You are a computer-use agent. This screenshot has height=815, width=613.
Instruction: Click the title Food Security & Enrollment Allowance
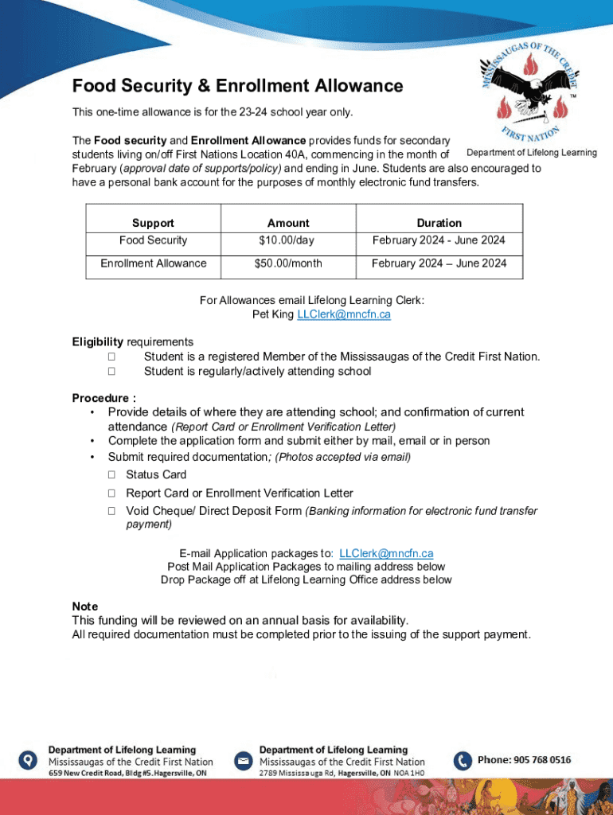coord(237,86)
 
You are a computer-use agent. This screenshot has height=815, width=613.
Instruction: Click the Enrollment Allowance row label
coord(153,263)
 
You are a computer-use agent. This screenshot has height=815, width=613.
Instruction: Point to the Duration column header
coord(439,223)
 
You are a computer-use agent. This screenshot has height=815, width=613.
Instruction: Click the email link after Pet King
coord(343,314)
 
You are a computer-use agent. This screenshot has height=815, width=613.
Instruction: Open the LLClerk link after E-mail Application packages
coord(386,553)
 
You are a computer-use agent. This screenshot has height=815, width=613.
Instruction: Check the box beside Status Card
coord(112,475)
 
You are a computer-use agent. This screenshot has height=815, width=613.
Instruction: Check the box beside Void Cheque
coord(112,511)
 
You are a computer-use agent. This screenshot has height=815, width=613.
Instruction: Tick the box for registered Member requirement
coord(112,357)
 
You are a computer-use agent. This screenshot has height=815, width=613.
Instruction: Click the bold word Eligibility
coord(98,341)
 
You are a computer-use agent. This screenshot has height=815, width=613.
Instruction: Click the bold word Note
coord(85,606)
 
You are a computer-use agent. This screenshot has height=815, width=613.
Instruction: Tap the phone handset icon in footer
coord(463,761)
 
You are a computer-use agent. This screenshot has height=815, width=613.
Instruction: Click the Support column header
coord(153,223)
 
